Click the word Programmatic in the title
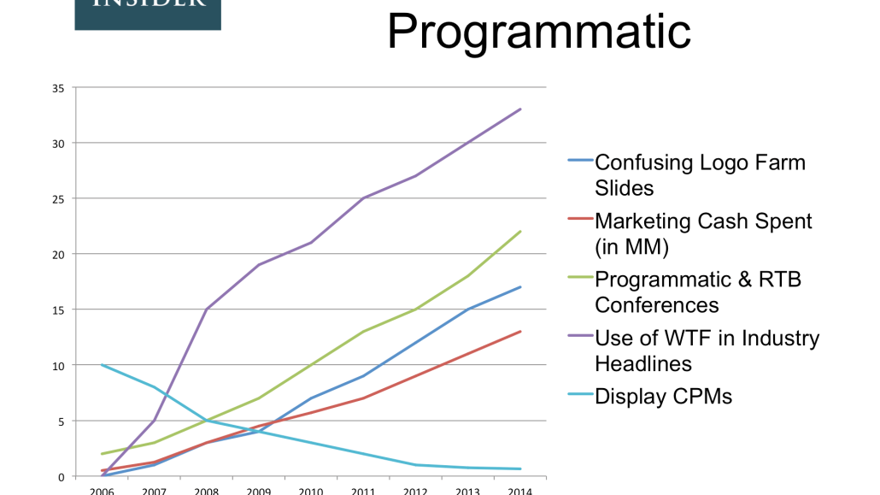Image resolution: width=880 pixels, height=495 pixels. click(x=538, y=32)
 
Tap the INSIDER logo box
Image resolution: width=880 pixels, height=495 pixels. click(x=148, y=13)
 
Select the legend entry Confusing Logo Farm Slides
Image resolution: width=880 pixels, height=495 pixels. click(x=700, y=174)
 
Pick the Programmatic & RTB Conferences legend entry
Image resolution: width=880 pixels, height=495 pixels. click(x=698, y=291)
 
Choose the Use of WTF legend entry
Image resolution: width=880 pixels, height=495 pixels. click(x=707, y=350)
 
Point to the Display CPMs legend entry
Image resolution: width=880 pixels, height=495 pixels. click(x=663, y=396)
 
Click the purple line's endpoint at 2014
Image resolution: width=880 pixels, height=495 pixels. click(x=520, y=109)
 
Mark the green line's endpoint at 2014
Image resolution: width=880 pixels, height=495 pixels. click(x=520, y=232)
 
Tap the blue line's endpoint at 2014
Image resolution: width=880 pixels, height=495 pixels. click(x=520, y=287)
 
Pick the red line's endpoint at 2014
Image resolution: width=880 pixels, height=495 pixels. click(x=520, y=332)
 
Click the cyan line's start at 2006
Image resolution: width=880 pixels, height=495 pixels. click(x=103, y=365)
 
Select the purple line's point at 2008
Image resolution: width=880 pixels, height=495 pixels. click(x=207, y=309)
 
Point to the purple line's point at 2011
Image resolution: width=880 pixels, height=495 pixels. click(x=364, y=198)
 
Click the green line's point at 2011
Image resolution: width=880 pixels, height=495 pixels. click(x=364, y=332)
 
